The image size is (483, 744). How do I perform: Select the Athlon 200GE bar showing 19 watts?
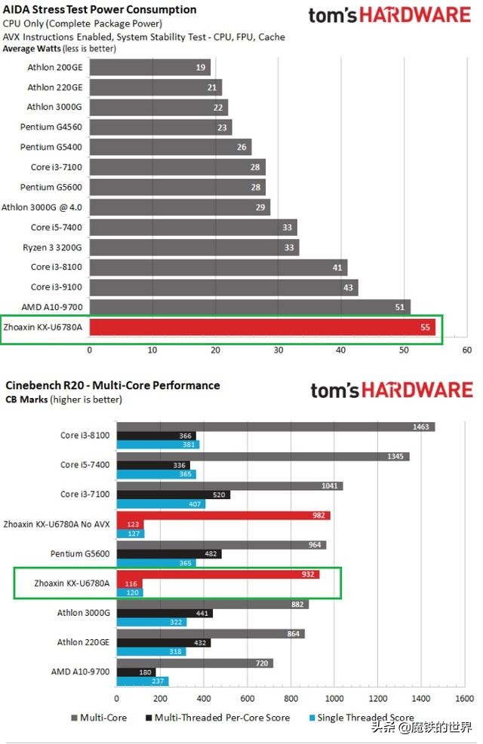pyautogui.click(x=149, y=68)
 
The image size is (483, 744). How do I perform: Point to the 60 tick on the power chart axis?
pyautogui.click(x=466, y=350)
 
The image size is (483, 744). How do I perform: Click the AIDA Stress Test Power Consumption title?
pyautogui.click(x=100, y=10)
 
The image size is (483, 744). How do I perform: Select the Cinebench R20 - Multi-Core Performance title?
pyautogui.click(x=112, y=385)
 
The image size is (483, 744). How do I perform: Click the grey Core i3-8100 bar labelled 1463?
pyautogui.click(x=275, y=427)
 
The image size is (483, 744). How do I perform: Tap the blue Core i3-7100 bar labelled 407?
pyautogui.click(x=160, y=504)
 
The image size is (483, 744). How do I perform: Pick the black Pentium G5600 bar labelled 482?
pyautogui.click(x=168, y=554)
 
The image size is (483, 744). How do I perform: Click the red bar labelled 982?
pyautogui.click(x=223, y=516)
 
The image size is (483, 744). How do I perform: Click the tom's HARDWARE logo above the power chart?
pyautogui.click(x=390, y=16)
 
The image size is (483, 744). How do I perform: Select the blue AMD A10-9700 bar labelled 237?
pyautogui.click(x=142, y=681)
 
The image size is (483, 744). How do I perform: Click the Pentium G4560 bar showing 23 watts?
pyautogui.click(x=160, y=127)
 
